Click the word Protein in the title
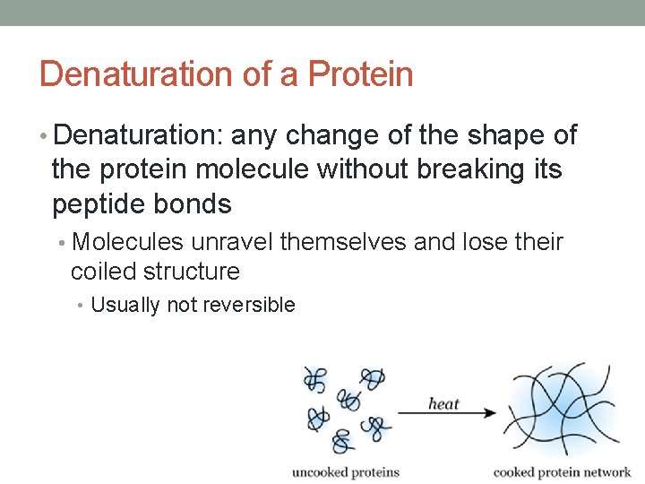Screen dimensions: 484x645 (360, 73)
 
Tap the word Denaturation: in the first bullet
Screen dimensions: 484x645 (138, 135)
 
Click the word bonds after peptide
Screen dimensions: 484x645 (193, 204)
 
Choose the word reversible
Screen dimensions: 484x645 (249, 305)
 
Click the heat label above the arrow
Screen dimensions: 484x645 (443, 403)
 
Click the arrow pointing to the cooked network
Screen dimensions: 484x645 (447, 413)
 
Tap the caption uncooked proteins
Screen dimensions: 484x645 (346, 471)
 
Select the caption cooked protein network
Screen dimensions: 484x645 (562, 471)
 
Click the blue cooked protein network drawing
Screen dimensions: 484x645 (564, 412)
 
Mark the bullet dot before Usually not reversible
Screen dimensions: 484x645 (82, 306)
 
